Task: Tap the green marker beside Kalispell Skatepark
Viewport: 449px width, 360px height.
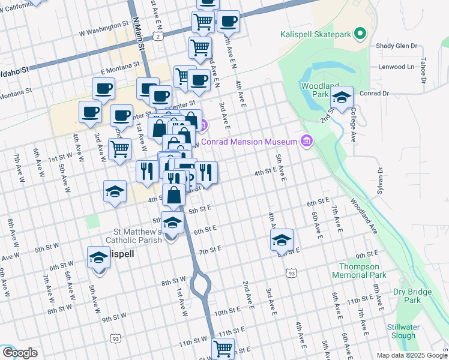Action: pos(360,34)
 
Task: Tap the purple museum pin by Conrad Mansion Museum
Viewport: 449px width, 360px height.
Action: pos(307,141)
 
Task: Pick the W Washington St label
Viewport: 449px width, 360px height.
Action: pos(103,27)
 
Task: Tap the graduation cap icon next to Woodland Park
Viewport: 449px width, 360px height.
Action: pos(342,97)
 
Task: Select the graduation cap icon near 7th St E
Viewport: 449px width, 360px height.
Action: pos(282,239)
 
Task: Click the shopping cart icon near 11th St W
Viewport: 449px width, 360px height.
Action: pos(223,347)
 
